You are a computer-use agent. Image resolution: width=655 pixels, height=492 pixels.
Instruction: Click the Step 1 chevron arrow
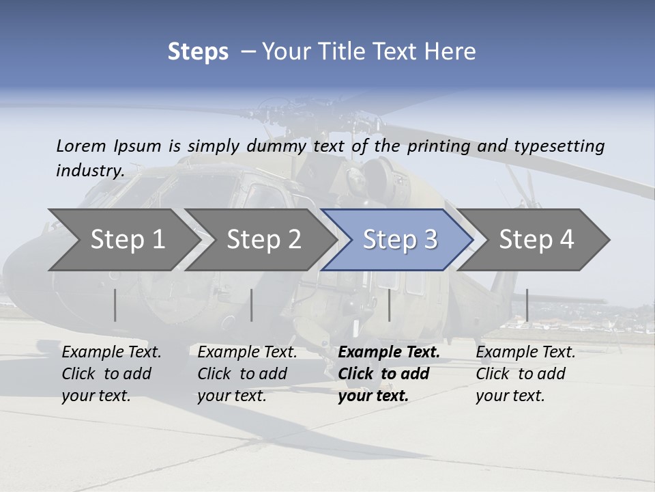(123, 240)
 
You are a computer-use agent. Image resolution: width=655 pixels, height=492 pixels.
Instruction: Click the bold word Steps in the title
(198, 52)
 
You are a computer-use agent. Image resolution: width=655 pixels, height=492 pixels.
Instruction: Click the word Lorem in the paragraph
(81, 146)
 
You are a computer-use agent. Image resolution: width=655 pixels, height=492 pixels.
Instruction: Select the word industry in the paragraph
(89, 171)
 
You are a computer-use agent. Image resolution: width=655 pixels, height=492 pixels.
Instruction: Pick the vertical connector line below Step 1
(115, 305)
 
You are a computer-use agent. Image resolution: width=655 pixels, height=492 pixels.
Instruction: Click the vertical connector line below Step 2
(252, 305)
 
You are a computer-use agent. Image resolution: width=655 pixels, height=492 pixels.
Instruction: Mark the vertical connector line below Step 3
(389, 305)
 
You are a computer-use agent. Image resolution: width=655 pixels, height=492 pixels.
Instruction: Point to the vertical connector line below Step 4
(527, 305)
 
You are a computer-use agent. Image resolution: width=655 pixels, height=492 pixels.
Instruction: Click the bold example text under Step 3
(388, 374)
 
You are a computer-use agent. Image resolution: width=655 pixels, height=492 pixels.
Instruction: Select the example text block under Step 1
(111, 374)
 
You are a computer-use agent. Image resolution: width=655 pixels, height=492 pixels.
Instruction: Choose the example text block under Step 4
(525, 374)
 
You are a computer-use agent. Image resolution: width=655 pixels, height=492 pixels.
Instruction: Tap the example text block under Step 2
(246, 374)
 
